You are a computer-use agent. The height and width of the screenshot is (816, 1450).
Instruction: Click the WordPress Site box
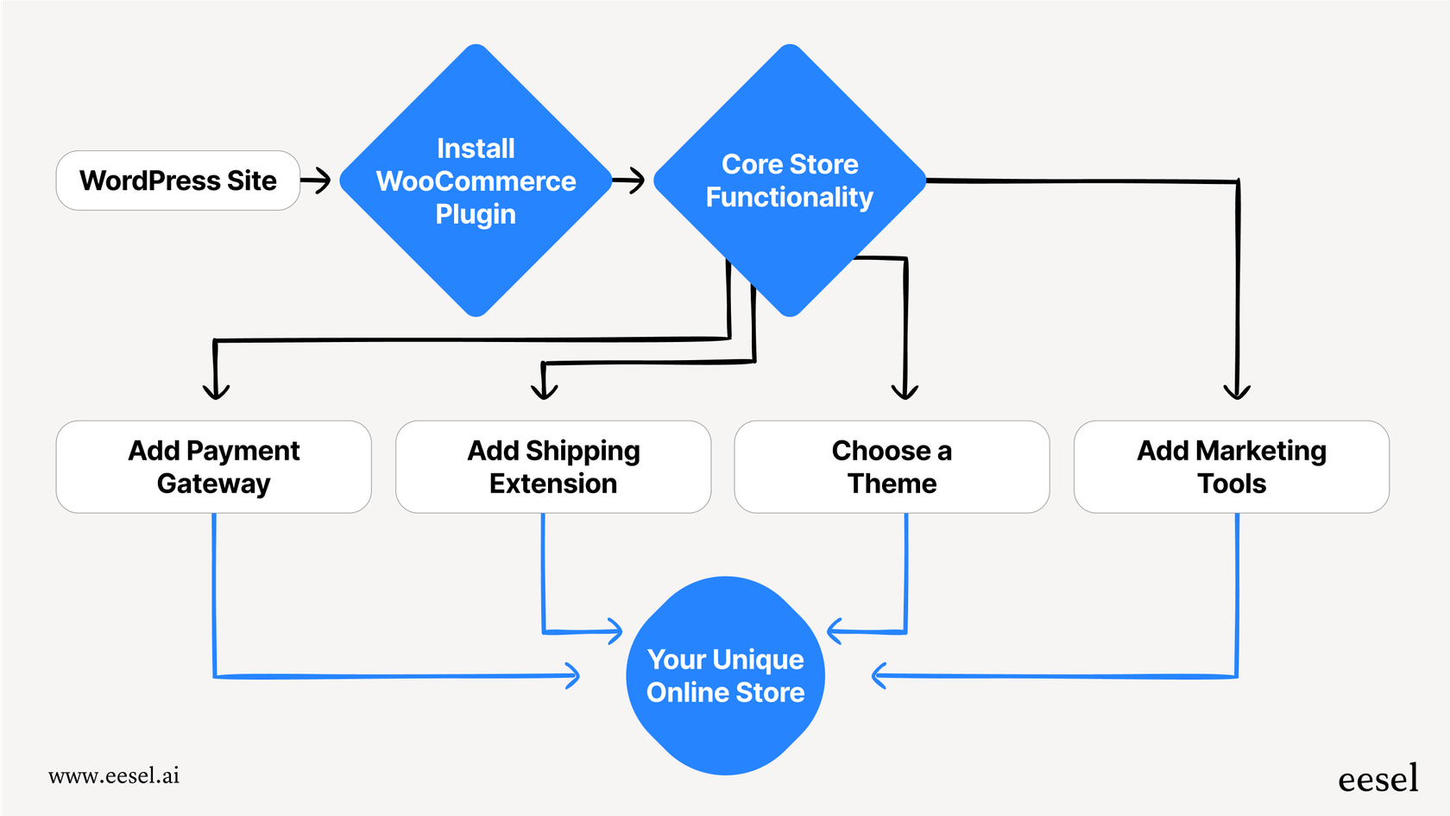(x=178, y=180)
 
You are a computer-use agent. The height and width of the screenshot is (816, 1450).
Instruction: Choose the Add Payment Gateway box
(x=213, y=467)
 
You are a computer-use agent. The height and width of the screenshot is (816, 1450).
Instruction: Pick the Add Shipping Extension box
(x=553, y=467)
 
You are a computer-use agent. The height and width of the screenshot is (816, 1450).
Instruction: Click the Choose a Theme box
(x=892, y=467)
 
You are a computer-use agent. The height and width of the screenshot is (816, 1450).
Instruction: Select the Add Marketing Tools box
(x=1232, y=467)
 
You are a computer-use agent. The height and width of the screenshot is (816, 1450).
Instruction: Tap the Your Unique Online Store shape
(x=725, y=675)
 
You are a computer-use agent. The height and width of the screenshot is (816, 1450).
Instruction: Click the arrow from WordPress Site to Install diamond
(x=317, y=180)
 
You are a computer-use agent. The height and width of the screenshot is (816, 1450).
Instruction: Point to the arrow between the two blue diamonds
(x=630, y=180)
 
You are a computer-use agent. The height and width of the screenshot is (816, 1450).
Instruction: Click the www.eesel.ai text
(x=114, y=775)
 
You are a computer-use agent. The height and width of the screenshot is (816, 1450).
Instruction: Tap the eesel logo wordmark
(x=1377, y=779)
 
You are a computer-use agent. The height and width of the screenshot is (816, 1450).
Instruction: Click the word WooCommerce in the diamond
(x=476, y=181)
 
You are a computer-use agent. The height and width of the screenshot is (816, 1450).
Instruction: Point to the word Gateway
(x=213, y=484)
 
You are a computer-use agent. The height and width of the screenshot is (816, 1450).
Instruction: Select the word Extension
(x=553, y=484)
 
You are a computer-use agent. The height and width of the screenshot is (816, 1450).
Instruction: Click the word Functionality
(x=790, y=198)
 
